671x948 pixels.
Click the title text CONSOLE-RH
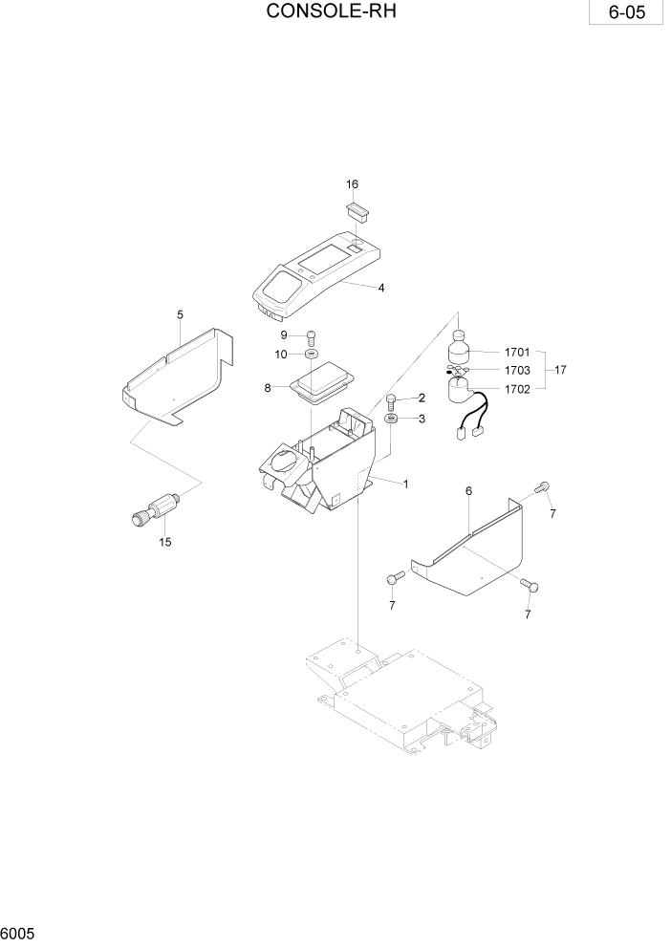click(x=331, y=12)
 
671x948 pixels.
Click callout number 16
click(x=352, y=183)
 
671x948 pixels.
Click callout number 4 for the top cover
click(x=381, y=287)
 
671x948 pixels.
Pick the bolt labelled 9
click(x=311, y=335)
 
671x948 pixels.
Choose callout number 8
click(x=269, y=387)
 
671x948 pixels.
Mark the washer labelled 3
click(x=392, y=419)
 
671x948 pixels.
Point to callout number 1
click(x=405, y=484)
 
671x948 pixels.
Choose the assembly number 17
click(x=560, y=370)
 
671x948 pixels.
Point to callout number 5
click(x=180, y=314)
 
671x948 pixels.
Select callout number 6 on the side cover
click(x=468, y=491)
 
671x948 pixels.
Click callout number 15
click(x=165, y=543)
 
